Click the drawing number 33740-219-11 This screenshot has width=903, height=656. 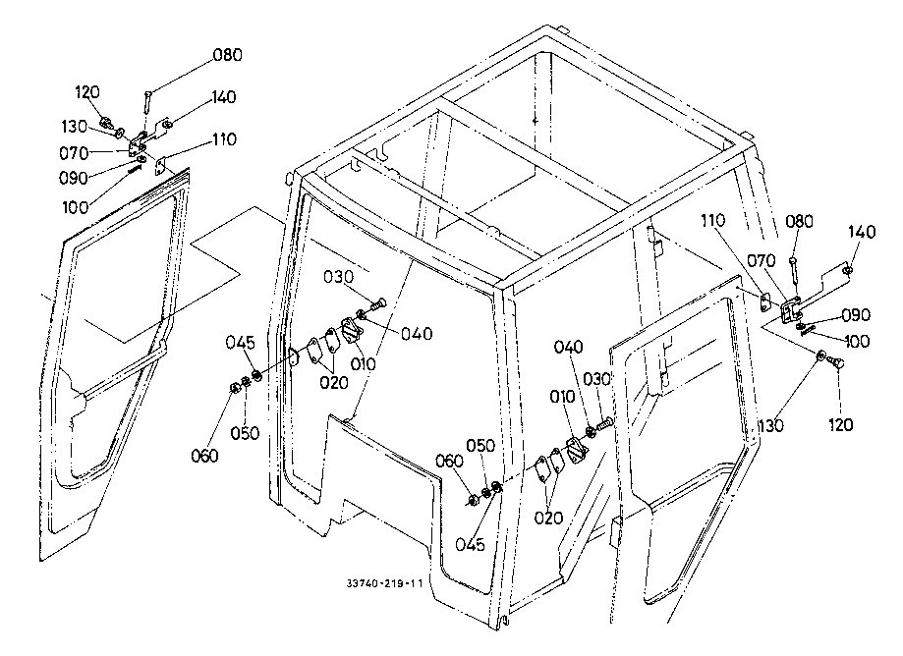385,583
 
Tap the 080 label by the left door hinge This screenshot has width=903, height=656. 228,55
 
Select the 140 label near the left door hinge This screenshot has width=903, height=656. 222,96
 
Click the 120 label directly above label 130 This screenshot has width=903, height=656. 87,91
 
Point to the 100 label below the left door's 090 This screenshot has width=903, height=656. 76,207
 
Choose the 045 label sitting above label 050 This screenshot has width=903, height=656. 240,343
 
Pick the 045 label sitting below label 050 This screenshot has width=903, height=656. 471,544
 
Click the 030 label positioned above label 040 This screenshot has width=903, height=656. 338,277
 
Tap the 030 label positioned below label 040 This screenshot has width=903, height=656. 597,379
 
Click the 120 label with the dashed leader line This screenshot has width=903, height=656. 840,425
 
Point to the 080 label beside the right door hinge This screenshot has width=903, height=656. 800,222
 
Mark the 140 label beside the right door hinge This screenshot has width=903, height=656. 862,232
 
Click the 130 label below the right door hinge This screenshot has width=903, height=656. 771,426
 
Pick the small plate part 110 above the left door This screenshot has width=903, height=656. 161,166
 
